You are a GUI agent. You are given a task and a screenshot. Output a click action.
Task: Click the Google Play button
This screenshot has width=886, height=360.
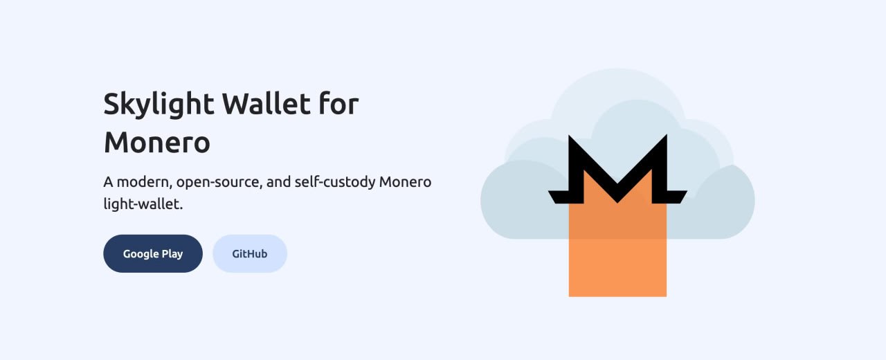tap(153, 253)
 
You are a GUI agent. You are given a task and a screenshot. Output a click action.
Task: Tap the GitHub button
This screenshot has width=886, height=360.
tap(250, 253)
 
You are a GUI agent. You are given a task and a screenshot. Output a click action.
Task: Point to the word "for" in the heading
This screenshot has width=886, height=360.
tap(338, 105)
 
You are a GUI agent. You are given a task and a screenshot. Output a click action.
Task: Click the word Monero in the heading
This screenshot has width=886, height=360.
tap(157, 143)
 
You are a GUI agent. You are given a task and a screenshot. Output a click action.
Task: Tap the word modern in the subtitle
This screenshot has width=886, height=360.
tap(144, 182)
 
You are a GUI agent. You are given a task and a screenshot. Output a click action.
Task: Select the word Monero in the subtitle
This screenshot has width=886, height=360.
tap(405, 182)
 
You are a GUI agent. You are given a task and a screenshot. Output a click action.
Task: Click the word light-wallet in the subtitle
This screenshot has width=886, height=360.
tap(143, 205)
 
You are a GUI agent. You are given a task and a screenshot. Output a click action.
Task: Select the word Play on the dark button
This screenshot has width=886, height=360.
tap(172, 253)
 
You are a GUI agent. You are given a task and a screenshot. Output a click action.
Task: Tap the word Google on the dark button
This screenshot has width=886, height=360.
tap(141, 253)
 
